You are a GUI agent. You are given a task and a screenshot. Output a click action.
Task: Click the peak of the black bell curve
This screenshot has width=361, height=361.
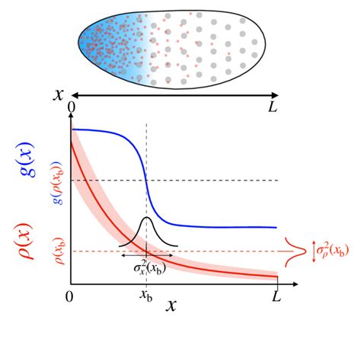(147, 219)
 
